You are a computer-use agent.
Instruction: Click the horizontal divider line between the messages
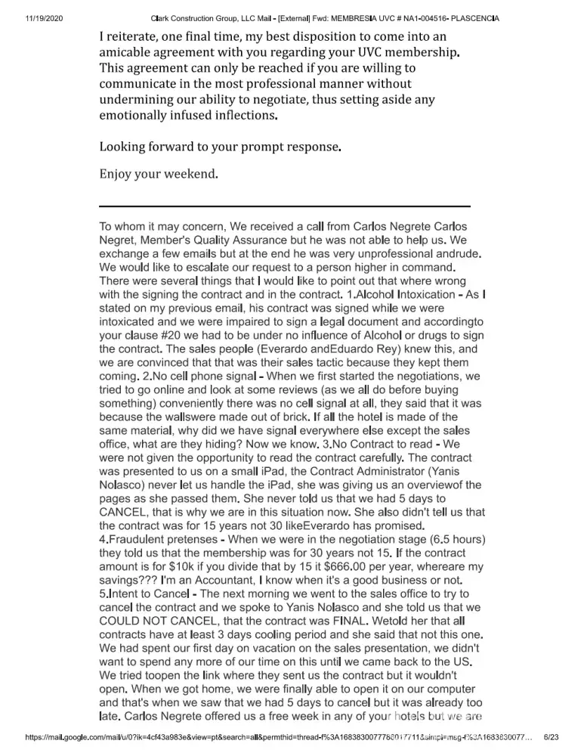pos(285,206)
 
